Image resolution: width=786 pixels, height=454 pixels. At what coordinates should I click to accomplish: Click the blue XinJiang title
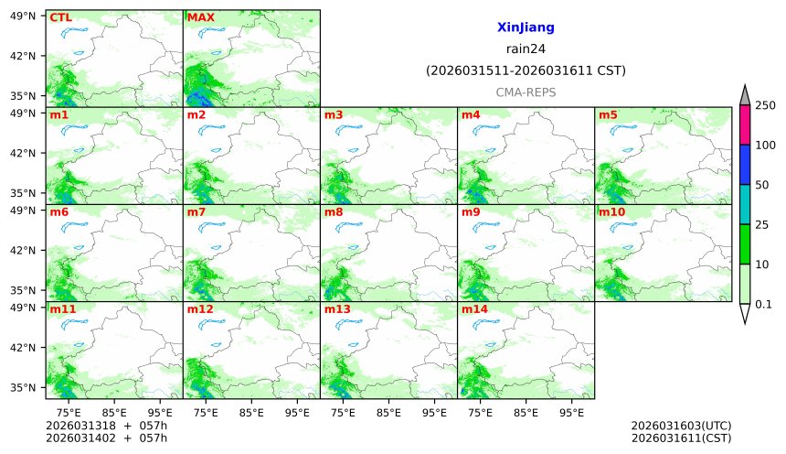coord(526,28)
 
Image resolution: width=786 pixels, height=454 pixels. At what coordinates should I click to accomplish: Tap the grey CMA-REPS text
coord(526,92)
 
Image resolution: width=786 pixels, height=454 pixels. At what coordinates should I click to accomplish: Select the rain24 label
coord(526,49)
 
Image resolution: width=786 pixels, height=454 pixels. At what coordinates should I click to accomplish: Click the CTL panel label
coord(60,17)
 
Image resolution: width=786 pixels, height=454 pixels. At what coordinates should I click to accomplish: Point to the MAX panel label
coord(200,17)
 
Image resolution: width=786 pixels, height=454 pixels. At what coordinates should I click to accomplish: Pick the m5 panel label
coord(608,115)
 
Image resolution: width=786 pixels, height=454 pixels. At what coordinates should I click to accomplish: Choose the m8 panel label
coord(334,212)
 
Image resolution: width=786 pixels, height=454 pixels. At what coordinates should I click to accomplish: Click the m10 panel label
coord(611,212)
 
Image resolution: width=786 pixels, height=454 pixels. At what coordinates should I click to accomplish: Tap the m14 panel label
coord(474,309)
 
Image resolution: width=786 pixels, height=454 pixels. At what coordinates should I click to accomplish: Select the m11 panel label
coord(63,309)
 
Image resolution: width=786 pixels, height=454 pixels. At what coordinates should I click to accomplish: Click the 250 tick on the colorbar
coord(764,106)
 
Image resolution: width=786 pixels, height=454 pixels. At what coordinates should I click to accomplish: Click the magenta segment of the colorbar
coord(745,125)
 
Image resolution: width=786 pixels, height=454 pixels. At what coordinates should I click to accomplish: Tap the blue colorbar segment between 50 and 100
coord(745,165)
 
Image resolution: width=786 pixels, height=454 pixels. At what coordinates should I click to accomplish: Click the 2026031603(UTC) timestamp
coord(681,427)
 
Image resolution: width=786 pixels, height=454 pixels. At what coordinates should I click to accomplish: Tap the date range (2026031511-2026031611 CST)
coord(526,70)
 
